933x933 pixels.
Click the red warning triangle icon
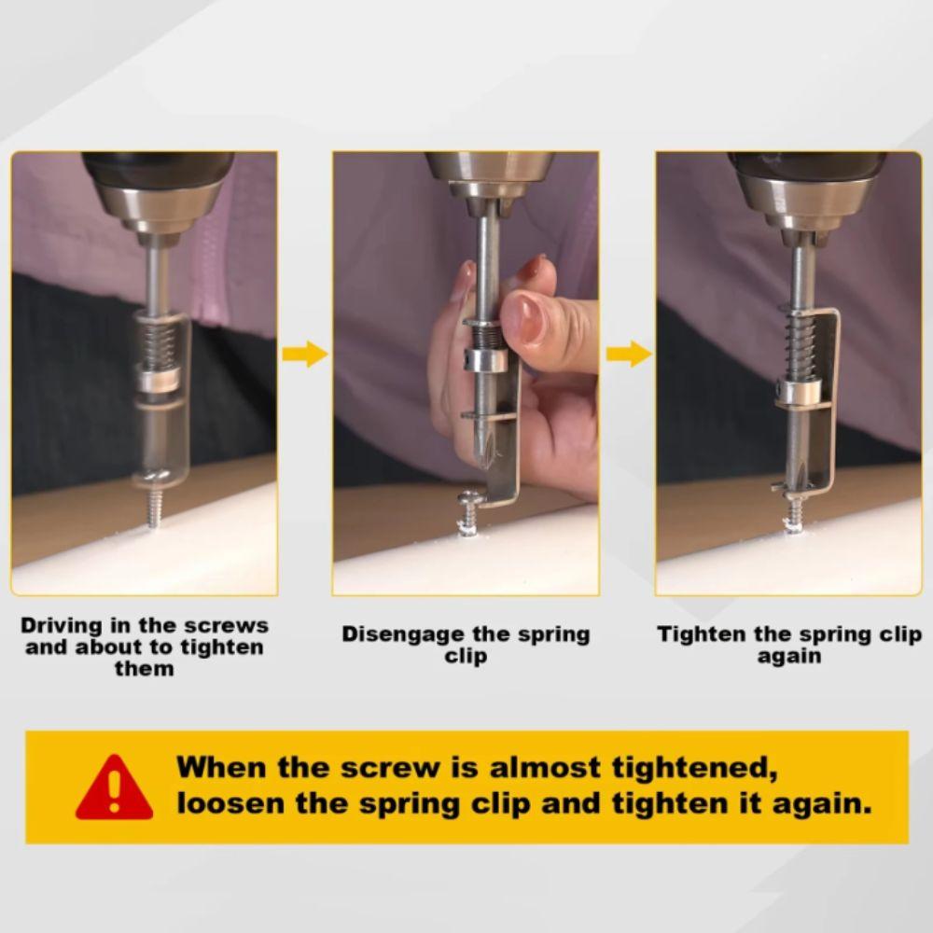pos(114,788)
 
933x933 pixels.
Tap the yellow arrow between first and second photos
pos(304,354)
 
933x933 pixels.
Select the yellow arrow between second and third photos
pos(627,354)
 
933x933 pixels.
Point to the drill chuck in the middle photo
pos(487,177)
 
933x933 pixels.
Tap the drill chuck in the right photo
pos(804,201)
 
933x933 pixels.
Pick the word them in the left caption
pos(144,668)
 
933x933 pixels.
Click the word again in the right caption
pos(788,656)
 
